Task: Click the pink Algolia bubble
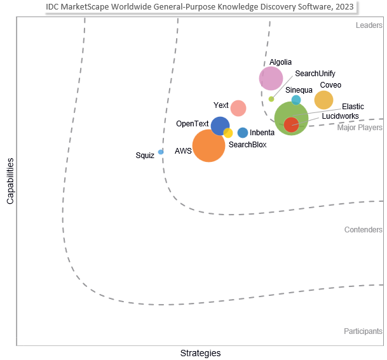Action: [x=271, y=79]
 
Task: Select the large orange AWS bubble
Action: [x=208, y=145]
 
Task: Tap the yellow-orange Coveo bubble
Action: [x=323, y=100]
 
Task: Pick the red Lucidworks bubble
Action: [x=291, y=124]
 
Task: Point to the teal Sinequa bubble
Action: [x=296, y=100]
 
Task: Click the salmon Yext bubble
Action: [x=238, y=108]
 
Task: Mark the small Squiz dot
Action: [x=161, y=152]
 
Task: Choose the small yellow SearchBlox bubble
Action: [x=227, y=133]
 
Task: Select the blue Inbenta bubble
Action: [x=243, y=133]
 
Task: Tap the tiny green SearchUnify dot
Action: [x=271, y=99]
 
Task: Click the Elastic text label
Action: [x=353, y=107]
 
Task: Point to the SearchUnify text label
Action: [x=315, y=74]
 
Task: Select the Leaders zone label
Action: [x=369, y=26]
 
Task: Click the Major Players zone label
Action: [x=360, y=128]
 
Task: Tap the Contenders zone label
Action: [x=363, y=230]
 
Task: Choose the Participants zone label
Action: [x=363, y=331]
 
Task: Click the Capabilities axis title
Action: [x=10, y=182]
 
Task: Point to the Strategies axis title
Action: [x=200, y=353]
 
